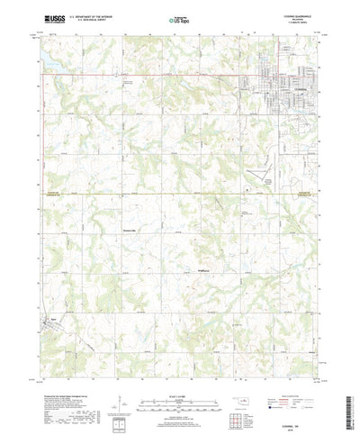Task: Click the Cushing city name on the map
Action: (x=273, y=89)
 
